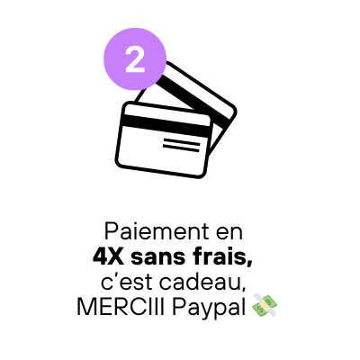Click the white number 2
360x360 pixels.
coord(135,59)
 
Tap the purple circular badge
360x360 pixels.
coord(135,59)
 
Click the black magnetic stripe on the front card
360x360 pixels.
coord(166,125)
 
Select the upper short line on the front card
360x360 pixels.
coord(182,141)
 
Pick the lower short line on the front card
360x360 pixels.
coord(181,148)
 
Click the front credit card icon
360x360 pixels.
coord(164,139)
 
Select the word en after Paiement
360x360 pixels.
coord(229,233)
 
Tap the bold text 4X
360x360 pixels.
coord(108,257)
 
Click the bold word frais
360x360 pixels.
coord(219,257)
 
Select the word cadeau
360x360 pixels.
coord(199,283)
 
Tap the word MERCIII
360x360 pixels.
coord(121,307)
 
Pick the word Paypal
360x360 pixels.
coord(209,309)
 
